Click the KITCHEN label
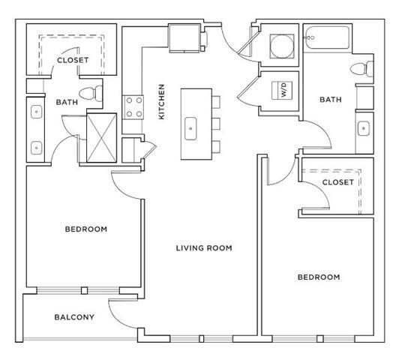pos(161,102)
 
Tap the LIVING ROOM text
pos(203,247)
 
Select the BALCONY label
pos(74,317)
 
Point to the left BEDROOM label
pos(85,229)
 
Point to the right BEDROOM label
pos(319,277)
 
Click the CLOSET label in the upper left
pos(72,59)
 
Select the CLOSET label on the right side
pos(337,182)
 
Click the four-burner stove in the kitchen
pos(133,106)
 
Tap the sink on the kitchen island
pos(190,128)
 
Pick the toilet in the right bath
pos(361,69)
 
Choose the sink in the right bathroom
pos(364,127)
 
